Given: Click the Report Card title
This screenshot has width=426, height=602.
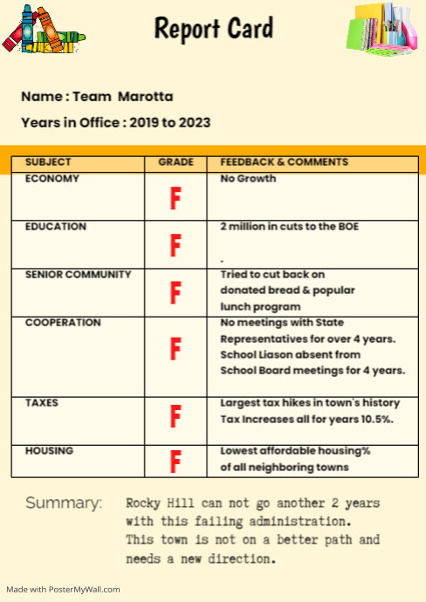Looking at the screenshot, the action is [213, 29].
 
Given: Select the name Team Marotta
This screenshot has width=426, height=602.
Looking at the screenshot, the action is [122, 97].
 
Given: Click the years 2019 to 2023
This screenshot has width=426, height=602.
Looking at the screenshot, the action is [170, 123].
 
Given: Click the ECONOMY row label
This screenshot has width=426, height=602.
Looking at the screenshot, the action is [52, 179].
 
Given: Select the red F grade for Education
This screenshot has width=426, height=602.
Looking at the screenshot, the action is [175, 245].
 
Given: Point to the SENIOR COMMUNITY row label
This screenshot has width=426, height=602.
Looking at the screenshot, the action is [79, 275].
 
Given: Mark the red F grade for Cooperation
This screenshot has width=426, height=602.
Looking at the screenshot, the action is [175, 349].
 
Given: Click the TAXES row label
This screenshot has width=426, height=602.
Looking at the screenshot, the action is [42, 403].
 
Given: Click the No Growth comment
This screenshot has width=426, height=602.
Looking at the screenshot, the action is [248, 179].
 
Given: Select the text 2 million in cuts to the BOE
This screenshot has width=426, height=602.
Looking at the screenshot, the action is [289, 227].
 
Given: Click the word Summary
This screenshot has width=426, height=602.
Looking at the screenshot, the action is [63, 503].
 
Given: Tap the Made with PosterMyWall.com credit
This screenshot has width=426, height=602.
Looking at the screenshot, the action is [64, 590].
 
